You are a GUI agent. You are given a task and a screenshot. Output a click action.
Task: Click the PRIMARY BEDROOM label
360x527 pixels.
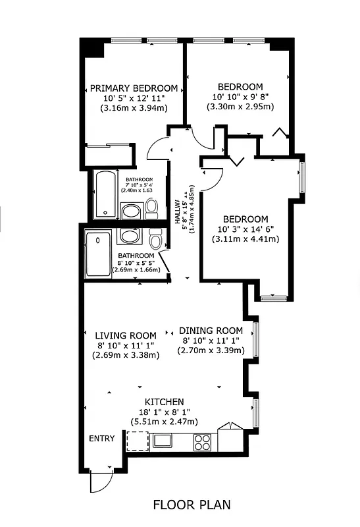[134, 88]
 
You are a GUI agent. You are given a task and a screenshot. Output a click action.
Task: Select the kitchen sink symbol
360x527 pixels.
[162, 440]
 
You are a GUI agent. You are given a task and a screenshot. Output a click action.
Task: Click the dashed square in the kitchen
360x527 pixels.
[137, 440]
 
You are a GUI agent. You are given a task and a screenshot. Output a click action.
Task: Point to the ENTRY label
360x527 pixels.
[102, 439]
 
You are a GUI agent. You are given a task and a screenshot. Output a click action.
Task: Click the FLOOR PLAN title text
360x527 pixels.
[192, 505]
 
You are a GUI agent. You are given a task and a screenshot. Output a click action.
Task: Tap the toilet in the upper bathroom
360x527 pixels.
[152, 209]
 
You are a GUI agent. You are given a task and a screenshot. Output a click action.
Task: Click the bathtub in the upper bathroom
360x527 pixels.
[105, 195]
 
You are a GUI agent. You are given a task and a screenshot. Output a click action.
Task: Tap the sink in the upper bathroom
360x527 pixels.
[131, 211]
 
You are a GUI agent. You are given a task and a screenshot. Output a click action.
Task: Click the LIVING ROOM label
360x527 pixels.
[125, 335]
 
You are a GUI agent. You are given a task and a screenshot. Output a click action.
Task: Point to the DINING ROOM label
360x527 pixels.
[211, 331]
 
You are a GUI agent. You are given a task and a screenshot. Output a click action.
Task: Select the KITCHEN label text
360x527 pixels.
[164, 402]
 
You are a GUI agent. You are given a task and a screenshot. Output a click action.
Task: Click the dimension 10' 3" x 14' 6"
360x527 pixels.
[245, 229]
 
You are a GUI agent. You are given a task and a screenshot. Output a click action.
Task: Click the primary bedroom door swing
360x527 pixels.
[158, 149]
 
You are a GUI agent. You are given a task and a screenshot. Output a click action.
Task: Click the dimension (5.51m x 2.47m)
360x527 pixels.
[164, 422]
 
